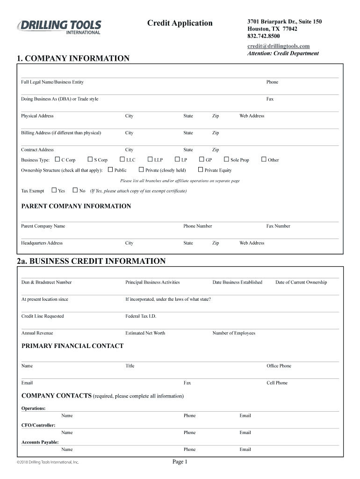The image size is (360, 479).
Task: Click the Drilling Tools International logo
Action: [x=59, y=27]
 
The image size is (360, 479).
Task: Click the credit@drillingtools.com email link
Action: [x=278, y=46]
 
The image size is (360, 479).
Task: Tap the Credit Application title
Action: [x=180, y=23]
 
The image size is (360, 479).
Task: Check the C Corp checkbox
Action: [x=57, y=160]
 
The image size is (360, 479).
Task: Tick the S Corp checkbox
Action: [x=90, y=160]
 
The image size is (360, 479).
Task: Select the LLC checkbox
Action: [x=122, y=160]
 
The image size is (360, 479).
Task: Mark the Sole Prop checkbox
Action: [x=226, y=160]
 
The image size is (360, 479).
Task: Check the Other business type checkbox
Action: [x=264, y=160]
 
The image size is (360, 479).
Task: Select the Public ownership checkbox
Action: [x=110, y=170]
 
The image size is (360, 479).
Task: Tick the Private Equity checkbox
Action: [x=201, y=170]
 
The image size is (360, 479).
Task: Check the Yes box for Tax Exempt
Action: [x=54, y=190]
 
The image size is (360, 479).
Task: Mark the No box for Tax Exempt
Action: [x=75, y=190]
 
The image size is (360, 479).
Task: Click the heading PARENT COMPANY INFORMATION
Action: [x=76, y=206]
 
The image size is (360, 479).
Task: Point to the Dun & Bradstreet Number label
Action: [x=46, y=282]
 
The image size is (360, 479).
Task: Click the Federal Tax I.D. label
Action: [x=141, y=316]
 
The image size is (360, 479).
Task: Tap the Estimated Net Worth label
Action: [x=145, y=333]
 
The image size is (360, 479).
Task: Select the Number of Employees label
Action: [x=234, y=333]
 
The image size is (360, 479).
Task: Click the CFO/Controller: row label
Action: [x=38, y=425]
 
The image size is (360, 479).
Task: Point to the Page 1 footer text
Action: [x=180, y=462]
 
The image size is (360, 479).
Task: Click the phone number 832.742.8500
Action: [x=264, y=36]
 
